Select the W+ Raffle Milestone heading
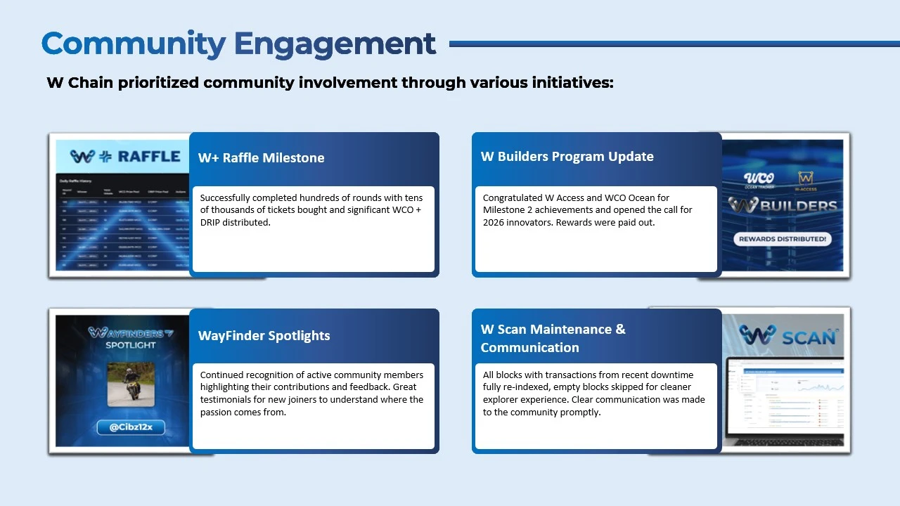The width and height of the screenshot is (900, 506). (261, 158)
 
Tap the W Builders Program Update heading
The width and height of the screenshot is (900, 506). (567, 157)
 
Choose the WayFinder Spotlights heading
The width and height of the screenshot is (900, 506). (264, 336)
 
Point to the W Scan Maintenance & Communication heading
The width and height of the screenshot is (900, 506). (553, 338)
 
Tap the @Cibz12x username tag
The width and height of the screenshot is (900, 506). (131, 427)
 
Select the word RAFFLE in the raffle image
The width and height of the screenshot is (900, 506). (149, 157)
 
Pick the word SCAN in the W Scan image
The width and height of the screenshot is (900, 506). (809, 337)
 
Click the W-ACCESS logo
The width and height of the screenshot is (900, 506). (806, 181)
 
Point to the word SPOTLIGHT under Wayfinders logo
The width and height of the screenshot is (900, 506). (131, 345)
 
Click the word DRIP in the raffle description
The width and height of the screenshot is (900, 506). (214, 223)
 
